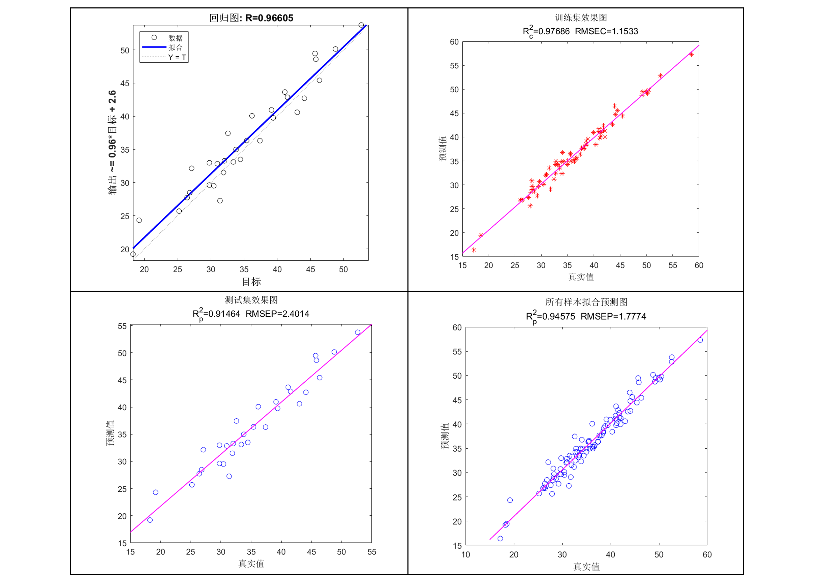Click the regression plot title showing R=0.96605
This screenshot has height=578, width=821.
coord(251,18)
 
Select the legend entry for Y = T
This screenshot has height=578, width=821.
coord(177,57)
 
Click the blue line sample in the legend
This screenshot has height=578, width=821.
coord(154,47)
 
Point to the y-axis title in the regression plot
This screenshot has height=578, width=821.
coord(112,142)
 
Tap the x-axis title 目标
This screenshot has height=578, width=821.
coord(251,282)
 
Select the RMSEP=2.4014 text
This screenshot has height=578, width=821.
coord(277,314)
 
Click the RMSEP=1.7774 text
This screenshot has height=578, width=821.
coord(613,316)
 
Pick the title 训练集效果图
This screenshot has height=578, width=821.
coord(581,18)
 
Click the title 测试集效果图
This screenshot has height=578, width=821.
coord(251,300)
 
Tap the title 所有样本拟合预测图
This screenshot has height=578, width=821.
coord(586,302)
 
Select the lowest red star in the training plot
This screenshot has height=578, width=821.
coord(474,250)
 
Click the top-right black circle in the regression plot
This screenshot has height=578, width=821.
coord(361,25)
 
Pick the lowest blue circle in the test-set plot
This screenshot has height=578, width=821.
coord(150,520)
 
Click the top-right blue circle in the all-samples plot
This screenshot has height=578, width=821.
coord(700,340)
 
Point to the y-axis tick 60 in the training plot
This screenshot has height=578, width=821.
coord(454,42)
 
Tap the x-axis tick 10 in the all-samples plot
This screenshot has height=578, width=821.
coord(465,554)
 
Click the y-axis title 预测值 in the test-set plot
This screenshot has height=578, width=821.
coord(111,433)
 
